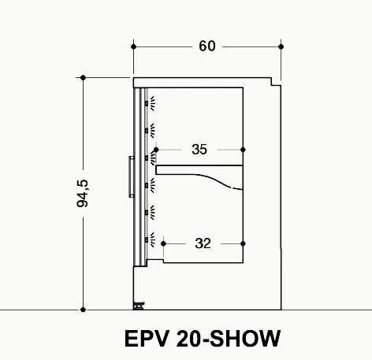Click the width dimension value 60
(x=207, y=46)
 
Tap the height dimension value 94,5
(x=83, y=194)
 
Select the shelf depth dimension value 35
(x=199, y=150)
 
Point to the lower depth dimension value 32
(x=203, y=243)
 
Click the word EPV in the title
(x=146, y=339)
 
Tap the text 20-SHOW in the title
(x=229, y=339)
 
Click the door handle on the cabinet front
(x=132, y=176)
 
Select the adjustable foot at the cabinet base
(x=139, y=306)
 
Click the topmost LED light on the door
(x=150, y=103)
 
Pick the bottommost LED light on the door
(x=150, y=240)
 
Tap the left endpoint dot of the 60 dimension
(x=133, y=46)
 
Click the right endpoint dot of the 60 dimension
(x=281, y=46)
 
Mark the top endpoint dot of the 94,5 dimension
(x=83, y=78)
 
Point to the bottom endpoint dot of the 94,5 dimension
(x=83, y=310)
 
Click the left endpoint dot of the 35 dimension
(x=156, y=150)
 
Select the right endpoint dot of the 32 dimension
(x=243, y=243)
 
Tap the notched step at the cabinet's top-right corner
(x=276, y=82)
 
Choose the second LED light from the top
(x=150, y=131)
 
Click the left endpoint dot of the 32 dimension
(x=163, y=243)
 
